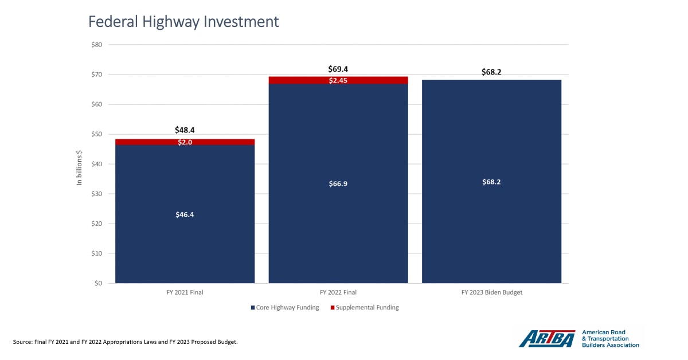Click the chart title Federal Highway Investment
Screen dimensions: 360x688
[183, 22]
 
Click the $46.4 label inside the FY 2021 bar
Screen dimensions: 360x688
[185, 214]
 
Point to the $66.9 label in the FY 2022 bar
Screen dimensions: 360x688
[338, 184]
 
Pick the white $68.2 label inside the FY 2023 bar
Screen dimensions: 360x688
[491, 182]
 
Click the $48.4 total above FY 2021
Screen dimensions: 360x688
[185, 130]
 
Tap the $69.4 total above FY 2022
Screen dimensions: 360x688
[338, 69]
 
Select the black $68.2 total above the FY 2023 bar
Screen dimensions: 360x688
[491, 72]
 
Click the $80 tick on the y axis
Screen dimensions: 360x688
[96, 45]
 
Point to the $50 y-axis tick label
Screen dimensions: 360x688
[96, 134]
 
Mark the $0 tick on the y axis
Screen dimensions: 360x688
[99, 283]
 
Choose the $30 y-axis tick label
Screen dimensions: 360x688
[96, 194]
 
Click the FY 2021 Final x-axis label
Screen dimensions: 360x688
[185, 292]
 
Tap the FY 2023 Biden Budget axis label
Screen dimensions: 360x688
[491, 292]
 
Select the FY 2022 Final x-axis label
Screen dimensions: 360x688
[338, 292]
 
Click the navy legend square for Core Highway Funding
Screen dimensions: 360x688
[253, 308]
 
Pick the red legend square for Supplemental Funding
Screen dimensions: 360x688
[332, 308]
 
